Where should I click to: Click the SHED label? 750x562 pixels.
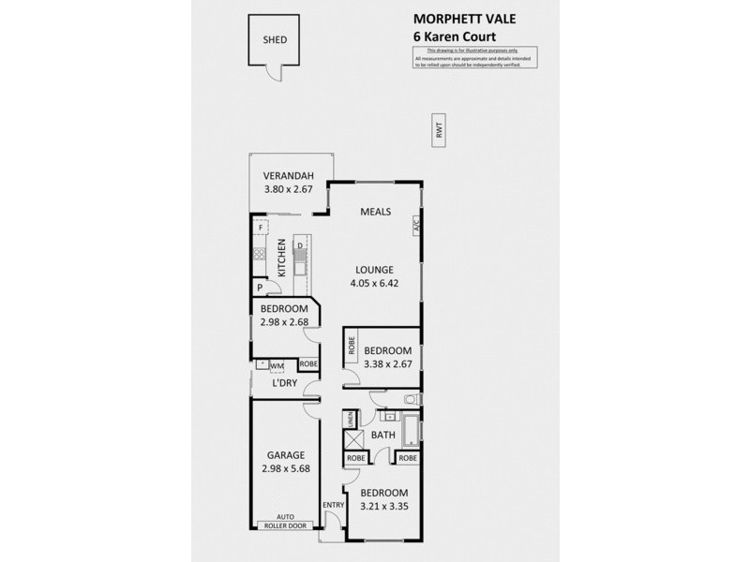coord(275,40)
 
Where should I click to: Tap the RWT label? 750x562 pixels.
coord(438,133)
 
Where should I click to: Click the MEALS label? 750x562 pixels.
coord(376,212)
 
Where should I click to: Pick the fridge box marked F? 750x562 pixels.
coord(261,228)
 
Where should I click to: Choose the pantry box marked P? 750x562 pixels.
coord(260,288)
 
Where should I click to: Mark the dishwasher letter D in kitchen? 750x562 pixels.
coord(299,246)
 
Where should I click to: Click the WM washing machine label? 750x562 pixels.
coord(277,365)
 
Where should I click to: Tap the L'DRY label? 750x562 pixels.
coord(285,384)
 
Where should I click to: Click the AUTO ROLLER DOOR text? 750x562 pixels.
coord(284,522)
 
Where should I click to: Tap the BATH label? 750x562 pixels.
coord(382,435)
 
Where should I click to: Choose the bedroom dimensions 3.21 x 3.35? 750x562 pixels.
coord(384,507)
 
